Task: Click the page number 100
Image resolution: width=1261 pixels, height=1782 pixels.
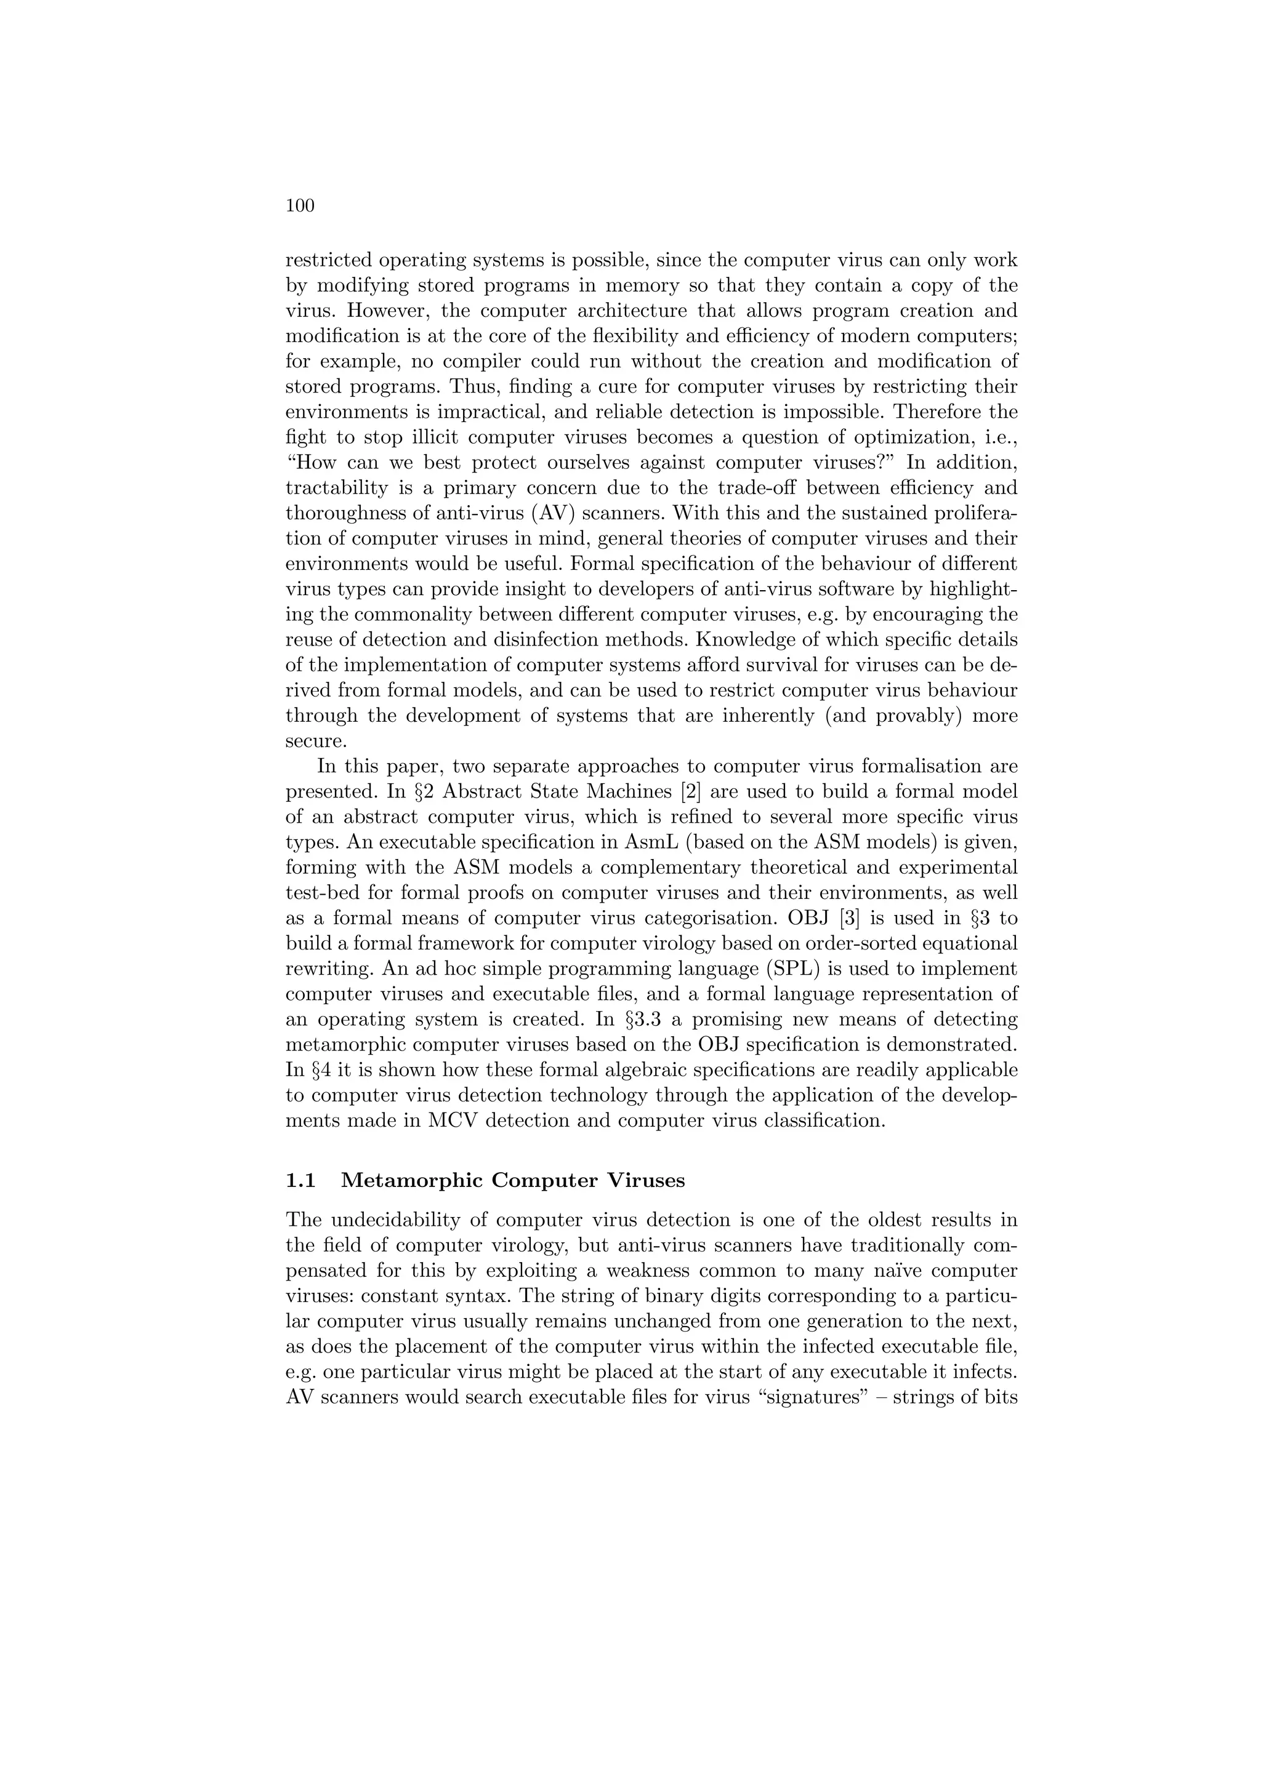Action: (x=300, y=206)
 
